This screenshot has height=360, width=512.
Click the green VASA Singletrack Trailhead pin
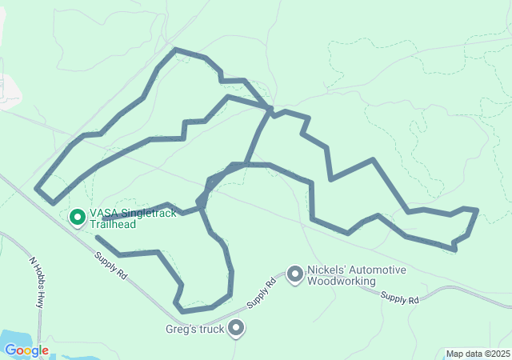(78, 216)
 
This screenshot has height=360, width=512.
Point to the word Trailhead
(112, 225)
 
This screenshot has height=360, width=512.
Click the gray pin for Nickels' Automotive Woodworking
(295, 274)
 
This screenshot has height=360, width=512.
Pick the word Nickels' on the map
(328, 270)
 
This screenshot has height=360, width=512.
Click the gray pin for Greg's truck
(236, 327)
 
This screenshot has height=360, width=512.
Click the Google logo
(26, 350)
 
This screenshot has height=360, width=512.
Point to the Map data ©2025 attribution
(477, 354)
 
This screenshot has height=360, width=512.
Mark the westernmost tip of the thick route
(37, 189)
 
